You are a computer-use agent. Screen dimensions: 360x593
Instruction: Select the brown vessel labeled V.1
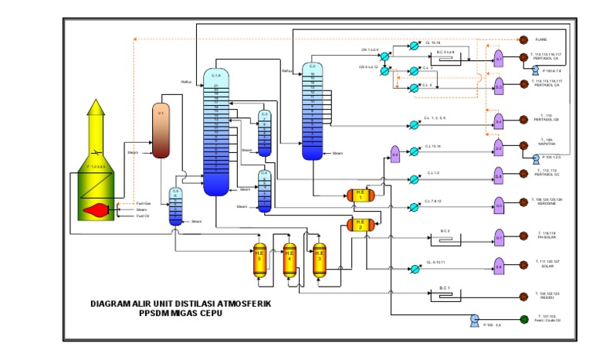point(161,130)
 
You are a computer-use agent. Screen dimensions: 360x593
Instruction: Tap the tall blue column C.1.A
point(216,131)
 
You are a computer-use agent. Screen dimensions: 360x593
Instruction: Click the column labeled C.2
point(313,112)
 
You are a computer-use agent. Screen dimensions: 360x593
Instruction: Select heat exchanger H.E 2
point(360,225)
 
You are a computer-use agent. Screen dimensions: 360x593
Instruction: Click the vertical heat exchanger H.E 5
point(259,262)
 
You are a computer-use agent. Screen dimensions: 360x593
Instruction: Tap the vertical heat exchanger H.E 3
point(319,262)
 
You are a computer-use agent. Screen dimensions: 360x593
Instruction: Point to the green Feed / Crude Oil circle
point(523,318)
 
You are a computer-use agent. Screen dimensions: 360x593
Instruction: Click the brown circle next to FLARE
point(523,39)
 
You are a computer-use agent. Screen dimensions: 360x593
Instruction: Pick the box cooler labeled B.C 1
point(445,294)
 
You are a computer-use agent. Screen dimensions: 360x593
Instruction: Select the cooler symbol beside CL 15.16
point(414,46)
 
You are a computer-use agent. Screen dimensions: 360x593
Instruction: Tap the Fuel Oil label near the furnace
point(143,216)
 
